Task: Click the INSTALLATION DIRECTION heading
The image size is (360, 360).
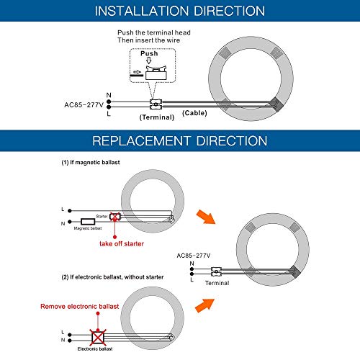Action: pos(180,11)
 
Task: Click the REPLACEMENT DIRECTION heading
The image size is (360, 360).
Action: pos(180,140)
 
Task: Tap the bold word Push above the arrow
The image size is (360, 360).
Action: pos(149,53)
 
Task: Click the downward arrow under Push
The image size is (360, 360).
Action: pos(149,61)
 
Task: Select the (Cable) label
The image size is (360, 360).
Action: pos(194,113)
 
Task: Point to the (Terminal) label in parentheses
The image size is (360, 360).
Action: pos(157,117)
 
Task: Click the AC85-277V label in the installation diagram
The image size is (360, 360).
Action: pos(84,105)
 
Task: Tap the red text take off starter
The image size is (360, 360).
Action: pos(122,244)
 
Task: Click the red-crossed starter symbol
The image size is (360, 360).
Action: pos(114,217)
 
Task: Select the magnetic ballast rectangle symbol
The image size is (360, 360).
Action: pos(88,222)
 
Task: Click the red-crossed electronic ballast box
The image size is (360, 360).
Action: pos(98,338)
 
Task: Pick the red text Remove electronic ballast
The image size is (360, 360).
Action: pos(80,307)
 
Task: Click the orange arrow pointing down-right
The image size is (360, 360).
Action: pos(206,217)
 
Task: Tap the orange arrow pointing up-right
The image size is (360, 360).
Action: pos(204,305)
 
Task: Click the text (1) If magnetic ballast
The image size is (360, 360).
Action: pos(91,163)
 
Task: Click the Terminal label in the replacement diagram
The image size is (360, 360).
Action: pos(217,283)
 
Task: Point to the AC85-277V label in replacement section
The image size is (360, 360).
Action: pos(194,256)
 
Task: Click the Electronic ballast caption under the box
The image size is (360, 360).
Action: pos(95,349)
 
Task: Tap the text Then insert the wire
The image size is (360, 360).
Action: pos(149,40)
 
